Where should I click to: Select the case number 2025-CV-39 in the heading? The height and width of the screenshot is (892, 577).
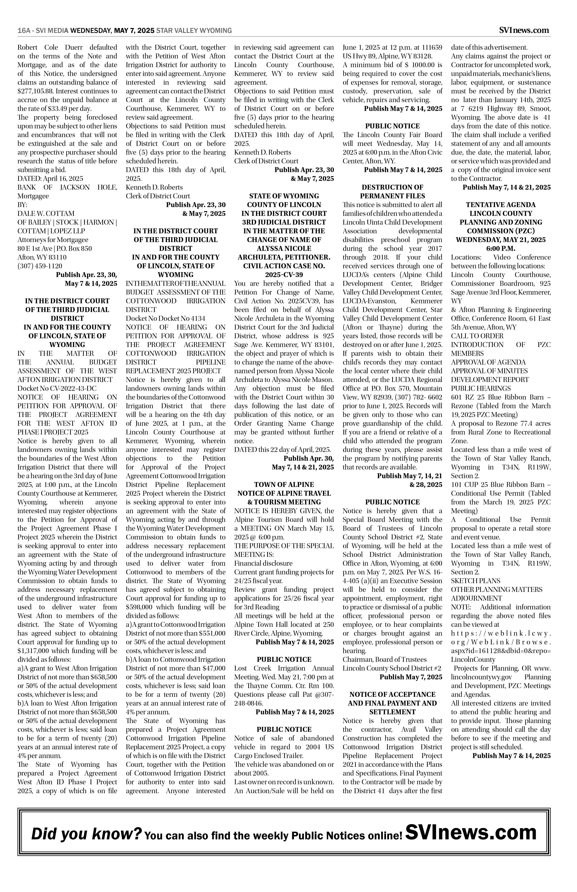(x=284, y=275)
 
